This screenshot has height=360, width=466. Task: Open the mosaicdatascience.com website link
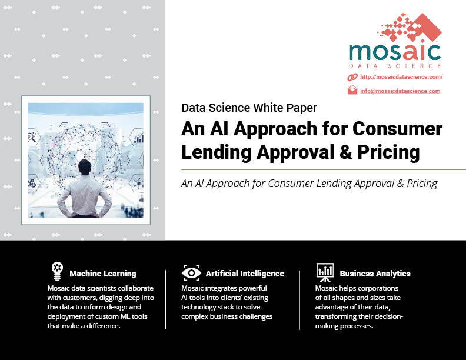tap(401, 77)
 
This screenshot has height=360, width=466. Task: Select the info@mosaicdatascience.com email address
tap(400, 91)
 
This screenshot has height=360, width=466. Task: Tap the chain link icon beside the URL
tap(352, 77)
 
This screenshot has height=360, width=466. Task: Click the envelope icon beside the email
tap(352, 90)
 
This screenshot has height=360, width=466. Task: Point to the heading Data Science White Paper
tap(249, 108)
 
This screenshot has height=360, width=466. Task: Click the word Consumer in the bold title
tap(397, 129)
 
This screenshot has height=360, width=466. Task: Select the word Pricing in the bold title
tap(388, 153)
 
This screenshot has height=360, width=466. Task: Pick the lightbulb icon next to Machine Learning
tap(57, 271)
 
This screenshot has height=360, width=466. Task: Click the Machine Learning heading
tap(103, 274)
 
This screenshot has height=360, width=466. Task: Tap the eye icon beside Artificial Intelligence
tap(191, 273)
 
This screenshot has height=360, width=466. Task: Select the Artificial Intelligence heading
tap(245, 274)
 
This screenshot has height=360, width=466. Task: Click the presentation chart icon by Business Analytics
tap(325, 272)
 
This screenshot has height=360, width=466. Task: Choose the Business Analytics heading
tap(375, 274)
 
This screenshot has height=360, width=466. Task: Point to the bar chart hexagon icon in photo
tap(137, 137)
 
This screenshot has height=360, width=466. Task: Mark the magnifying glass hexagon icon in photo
tap(34, 137)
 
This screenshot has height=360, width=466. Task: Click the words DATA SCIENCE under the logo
tap(395, 66)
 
